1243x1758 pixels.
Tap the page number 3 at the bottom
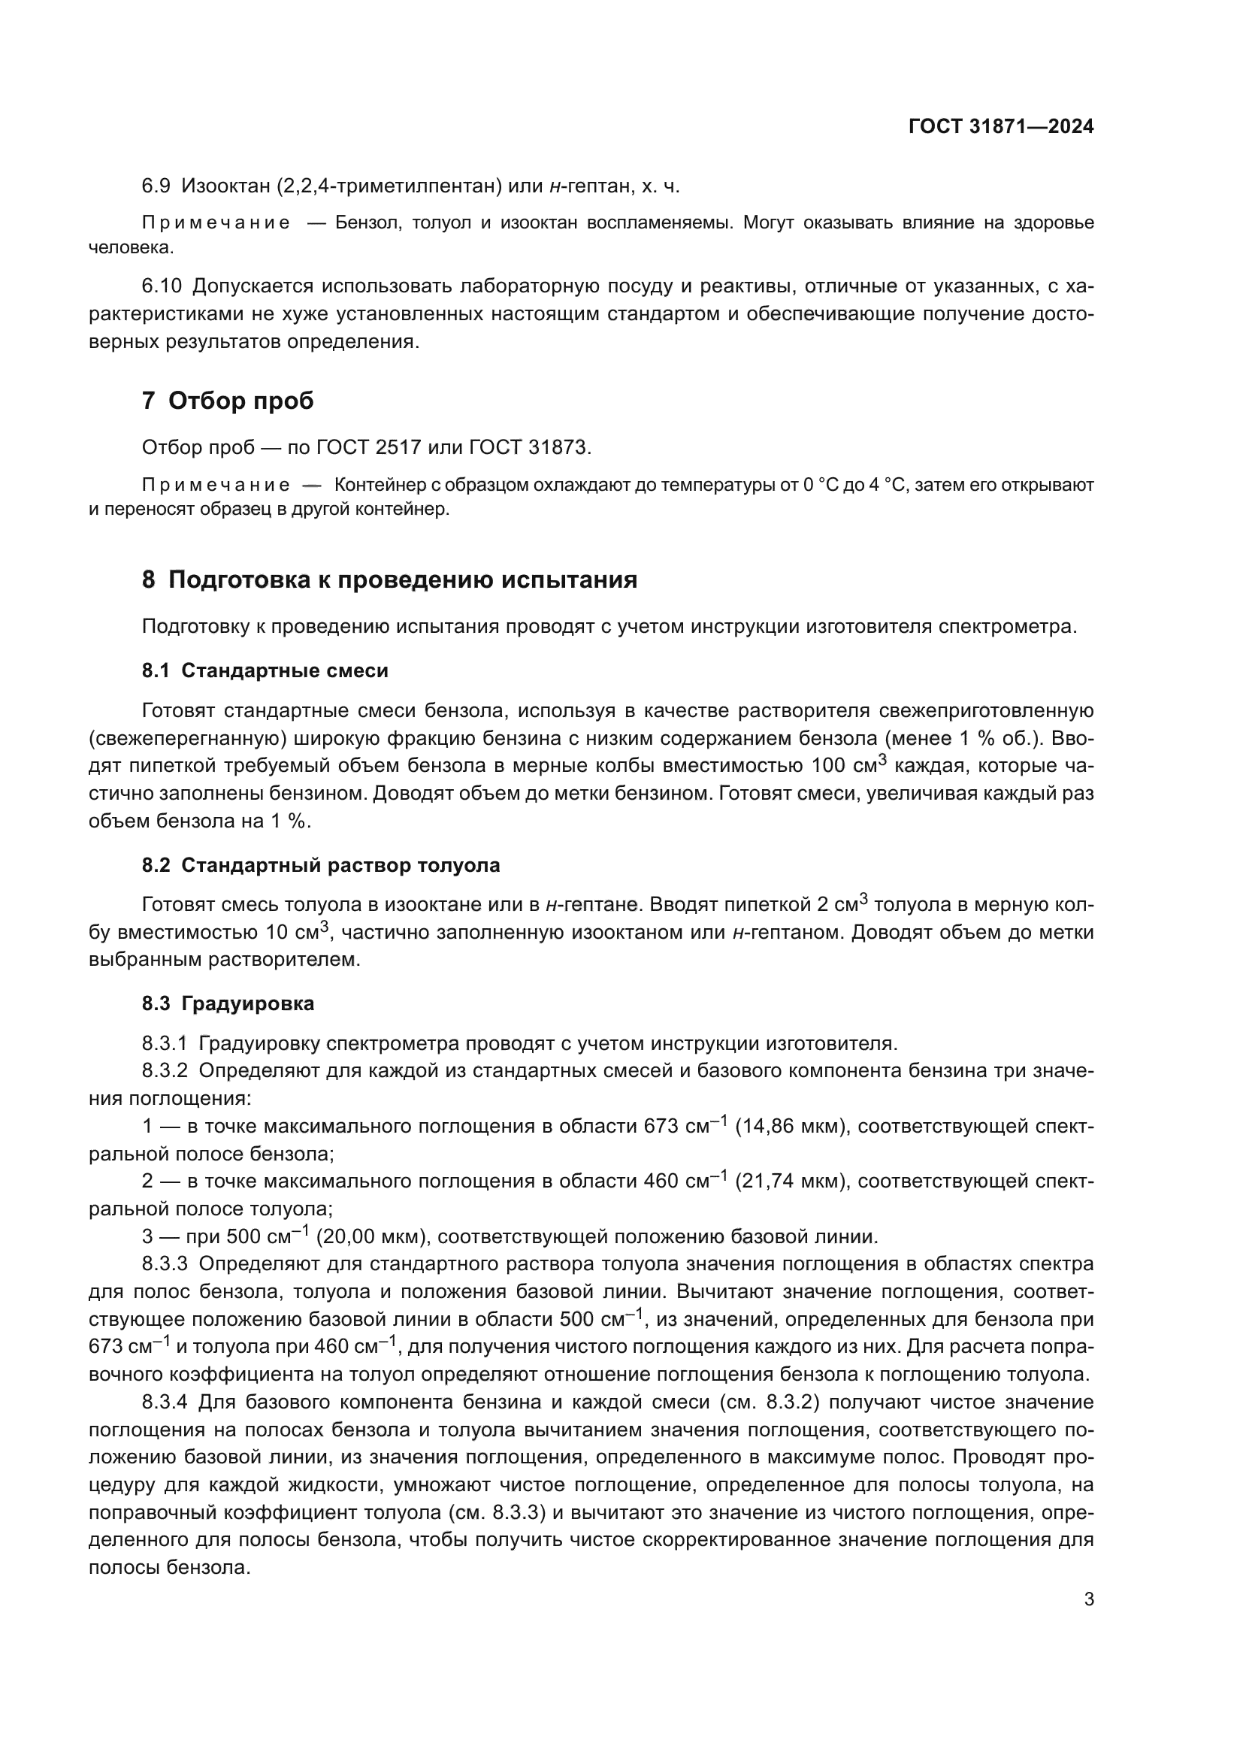point(1088,1599)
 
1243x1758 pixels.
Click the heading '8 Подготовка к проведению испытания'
point(389,579)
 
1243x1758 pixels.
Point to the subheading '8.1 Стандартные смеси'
point(265,670)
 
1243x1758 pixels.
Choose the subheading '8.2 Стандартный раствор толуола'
point(321,865)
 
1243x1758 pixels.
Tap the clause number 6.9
point(156,186)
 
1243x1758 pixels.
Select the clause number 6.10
point(162,286)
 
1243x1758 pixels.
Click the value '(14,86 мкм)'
point(791,1127)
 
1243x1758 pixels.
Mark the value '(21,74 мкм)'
point(791,1182)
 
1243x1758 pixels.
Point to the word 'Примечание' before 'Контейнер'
point(216,485)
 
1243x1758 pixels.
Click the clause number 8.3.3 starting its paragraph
point(164,1264)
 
